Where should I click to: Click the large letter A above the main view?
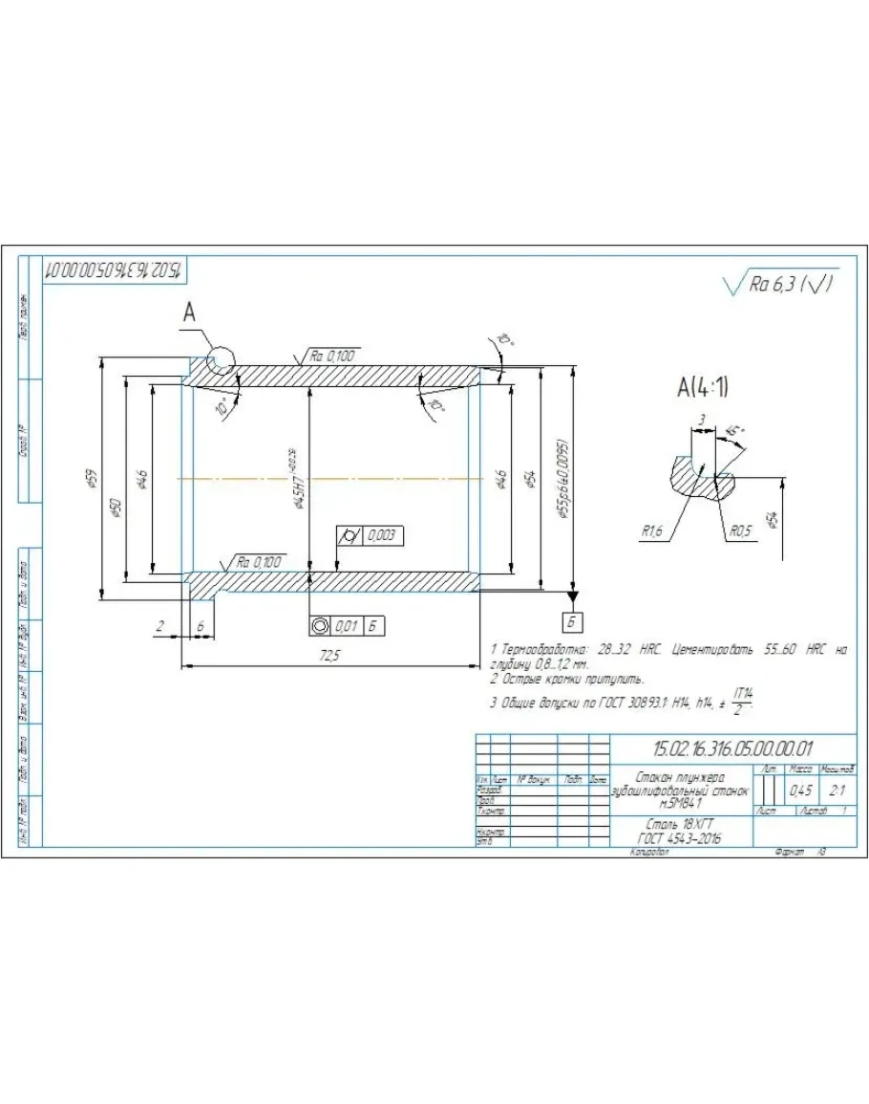pyautogui.click(x=189, y=313)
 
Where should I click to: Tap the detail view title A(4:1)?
pyautogui.click(x=705, y=387)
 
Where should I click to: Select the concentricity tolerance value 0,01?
pyautogui.click(x=347, y=626)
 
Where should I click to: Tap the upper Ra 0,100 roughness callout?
pyautogui.click(x=333, y=356)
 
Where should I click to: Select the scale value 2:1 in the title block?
pyautogui.click(x=838, y=790)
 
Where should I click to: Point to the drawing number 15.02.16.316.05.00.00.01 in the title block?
pyautogui.click(x=731, y=748)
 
